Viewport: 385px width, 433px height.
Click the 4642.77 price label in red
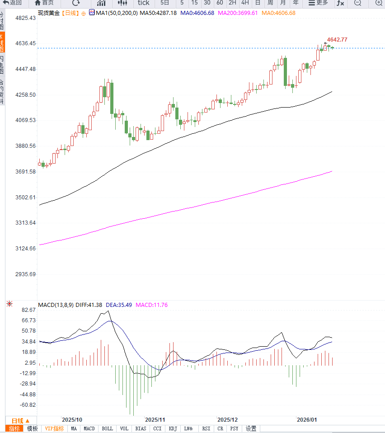point(337,40)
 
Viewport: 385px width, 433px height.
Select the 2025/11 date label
point(155,419)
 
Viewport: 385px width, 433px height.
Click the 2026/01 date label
point(306,419)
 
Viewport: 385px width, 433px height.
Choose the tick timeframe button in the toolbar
point(143,3)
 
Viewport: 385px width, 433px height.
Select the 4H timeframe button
point(245,3)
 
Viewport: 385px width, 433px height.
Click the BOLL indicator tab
point(107,428)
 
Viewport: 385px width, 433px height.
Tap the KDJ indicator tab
point(173,428)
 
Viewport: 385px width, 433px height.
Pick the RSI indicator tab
point(206,428)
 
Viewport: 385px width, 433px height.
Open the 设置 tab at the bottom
point(251,428)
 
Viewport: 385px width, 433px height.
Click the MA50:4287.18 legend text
point(158,13)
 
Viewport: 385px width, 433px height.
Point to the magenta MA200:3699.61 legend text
point(238,13)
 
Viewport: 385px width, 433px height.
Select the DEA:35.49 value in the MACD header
point(119,305)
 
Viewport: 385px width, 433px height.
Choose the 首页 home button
point(44,3)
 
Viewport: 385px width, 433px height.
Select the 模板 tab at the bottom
point(32,428)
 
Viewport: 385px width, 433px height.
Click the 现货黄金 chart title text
point(48,13)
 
